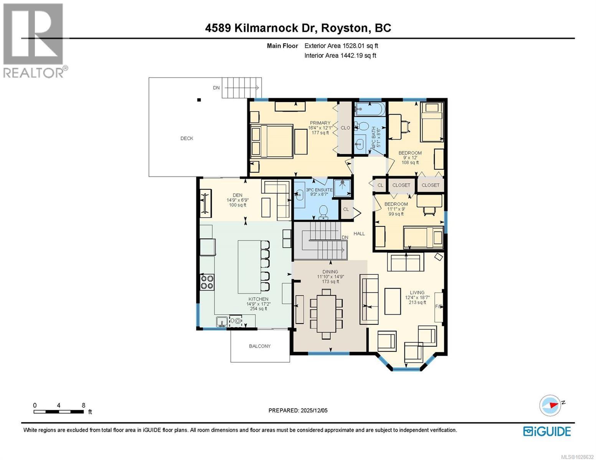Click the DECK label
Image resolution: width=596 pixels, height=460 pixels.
click(x=187, y=138)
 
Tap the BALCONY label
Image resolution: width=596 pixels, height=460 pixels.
click(x=260, y=346)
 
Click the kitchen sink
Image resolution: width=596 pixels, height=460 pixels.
click(x=221, y=321)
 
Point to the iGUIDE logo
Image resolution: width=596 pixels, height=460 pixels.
click(x=547, y=431)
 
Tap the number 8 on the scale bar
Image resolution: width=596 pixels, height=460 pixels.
click(x=83, y=405)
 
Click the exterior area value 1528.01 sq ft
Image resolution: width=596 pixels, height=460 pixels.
click(x=360, y=46)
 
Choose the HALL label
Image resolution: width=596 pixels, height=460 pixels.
click(x=359, y=233)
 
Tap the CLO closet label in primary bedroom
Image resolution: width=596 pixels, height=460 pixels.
click(x=345, y=128)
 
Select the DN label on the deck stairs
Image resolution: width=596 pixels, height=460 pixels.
click(x=216, y=88)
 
